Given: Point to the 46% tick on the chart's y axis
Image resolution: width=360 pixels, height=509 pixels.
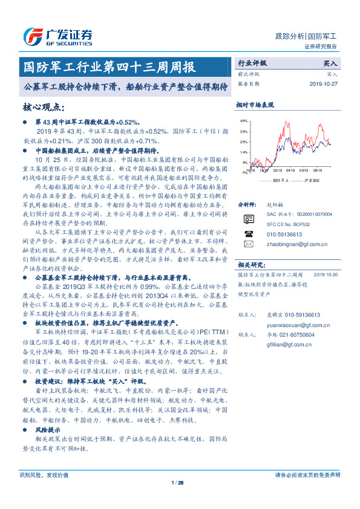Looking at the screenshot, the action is coord(244,121).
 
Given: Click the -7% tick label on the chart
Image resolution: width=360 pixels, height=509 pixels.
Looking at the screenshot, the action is coord(244,173).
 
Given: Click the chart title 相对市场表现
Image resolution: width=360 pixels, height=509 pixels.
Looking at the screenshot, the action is coord(255,105).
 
